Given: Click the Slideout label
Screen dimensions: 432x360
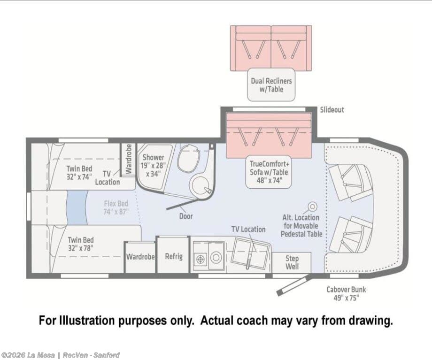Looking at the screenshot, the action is tap(332, 110).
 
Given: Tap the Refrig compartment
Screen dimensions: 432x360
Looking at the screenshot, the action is tap(174, 255).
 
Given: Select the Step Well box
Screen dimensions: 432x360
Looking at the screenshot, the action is tap(292, 262).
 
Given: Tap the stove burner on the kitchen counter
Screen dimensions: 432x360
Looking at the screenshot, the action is tap(201, 259).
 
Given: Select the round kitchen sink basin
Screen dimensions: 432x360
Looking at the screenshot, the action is tap(216, 258).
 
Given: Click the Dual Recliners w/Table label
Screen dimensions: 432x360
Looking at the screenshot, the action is tap(271, 85).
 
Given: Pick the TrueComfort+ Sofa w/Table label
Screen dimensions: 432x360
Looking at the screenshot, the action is tap(269, 172).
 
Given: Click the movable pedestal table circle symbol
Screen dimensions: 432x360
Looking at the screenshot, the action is tap(312, 206).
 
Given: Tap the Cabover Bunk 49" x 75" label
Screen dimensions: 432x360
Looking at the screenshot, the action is tap(346, 293).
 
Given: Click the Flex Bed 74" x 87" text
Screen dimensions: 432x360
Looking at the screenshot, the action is tap(116, 207).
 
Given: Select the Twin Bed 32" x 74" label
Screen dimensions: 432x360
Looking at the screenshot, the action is tap(79, 172).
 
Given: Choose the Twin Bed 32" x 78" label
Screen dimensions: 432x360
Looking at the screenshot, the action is tap(80, 244).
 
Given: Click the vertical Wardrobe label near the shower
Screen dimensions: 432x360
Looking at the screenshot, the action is tap(128, 159).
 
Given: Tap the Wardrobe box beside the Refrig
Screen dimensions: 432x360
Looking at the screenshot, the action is tap(140, 257).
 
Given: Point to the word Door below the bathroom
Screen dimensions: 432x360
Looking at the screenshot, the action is tap(186, 216).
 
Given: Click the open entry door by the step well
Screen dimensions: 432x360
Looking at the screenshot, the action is tap(293, 286).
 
